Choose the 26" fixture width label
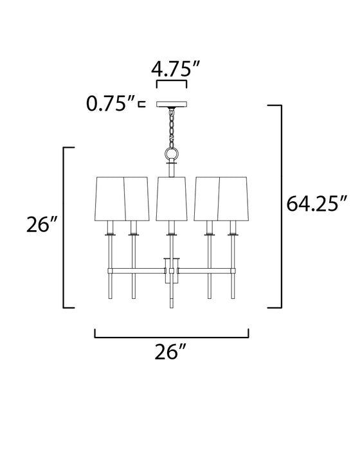click(172, 352)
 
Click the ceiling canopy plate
click(172, 103)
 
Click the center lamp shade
click(172, 197)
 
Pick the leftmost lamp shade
click(109, 196)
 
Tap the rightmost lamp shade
click(235, 196)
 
